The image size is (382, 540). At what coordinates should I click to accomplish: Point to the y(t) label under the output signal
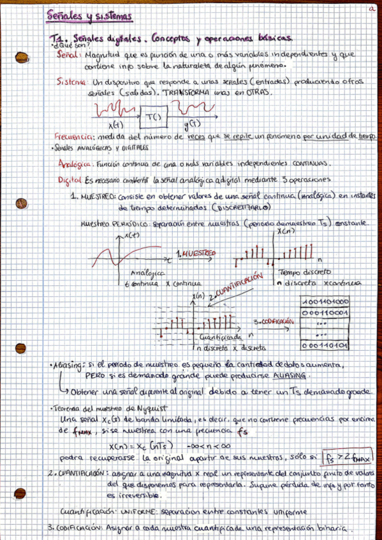(x=190, y=125)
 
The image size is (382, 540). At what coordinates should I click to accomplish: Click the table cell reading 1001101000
(x=324, y=301)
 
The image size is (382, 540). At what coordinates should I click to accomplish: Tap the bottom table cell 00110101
(x=324, y=345)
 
